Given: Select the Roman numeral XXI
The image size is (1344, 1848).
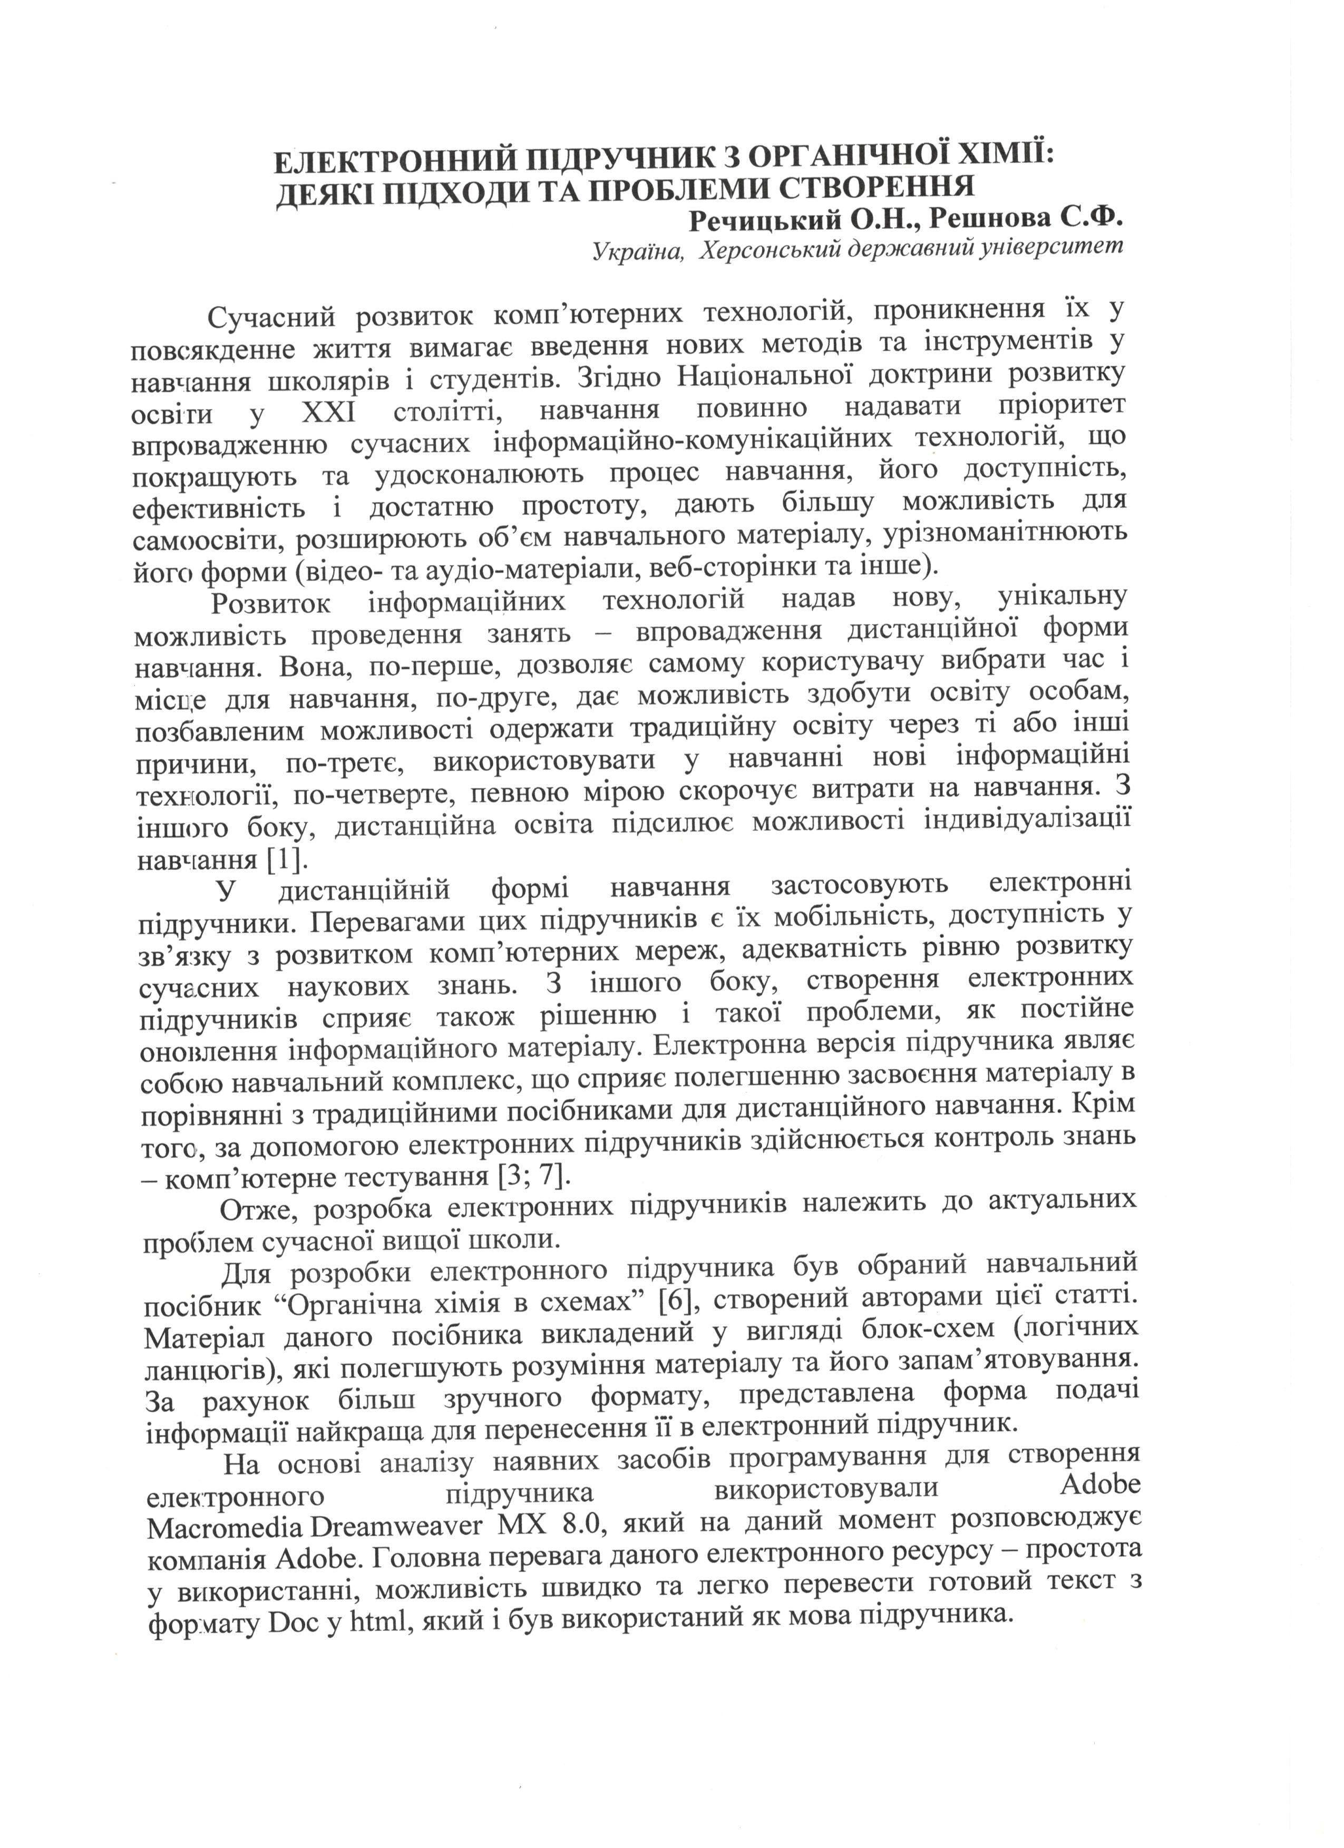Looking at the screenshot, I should tap(328, 412).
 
